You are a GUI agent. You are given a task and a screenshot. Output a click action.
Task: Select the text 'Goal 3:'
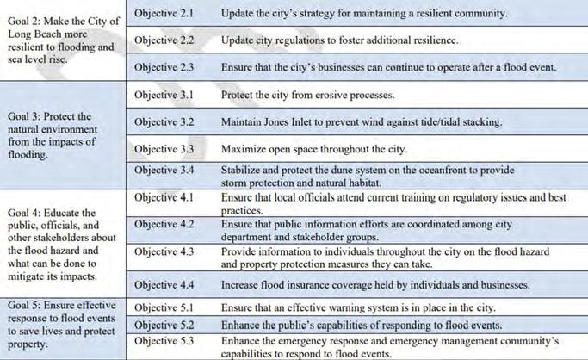24,115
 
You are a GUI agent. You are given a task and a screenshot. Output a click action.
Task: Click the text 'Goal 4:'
24,212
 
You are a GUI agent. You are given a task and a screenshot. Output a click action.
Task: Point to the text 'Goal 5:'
24,306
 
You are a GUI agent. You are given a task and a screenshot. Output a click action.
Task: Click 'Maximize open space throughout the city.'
313,148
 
